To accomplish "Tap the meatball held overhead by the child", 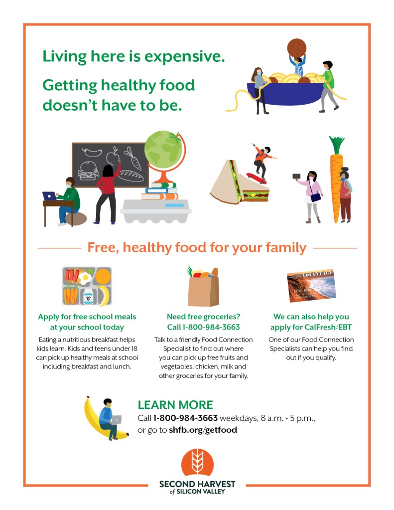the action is pyautogui.click(x=296, y=48).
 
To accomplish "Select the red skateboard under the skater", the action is pyautogui.click(x=257, y=178).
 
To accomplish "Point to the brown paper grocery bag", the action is pyautogui.click(x=203, y=291).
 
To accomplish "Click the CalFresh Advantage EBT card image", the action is pyautogui.click(x=311, y=286).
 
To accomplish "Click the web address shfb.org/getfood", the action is pyautogui.click(x=203, y=430).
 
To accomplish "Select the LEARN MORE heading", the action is pyautogui.click(x=175, y=405).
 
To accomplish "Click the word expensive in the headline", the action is pyautogui.click(x=184, y=57).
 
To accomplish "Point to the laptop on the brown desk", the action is pyautogui.click(x=49, y=196).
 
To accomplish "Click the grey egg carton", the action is pyautogui.click(x=156, y=211).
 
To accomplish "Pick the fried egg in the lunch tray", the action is pyautogui.click(x=86, y=278).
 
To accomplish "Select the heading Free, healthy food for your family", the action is pyautogui.click(x=197, y=247).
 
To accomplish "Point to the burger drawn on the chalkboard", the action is pyautogui.click(x=88, y=170).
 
